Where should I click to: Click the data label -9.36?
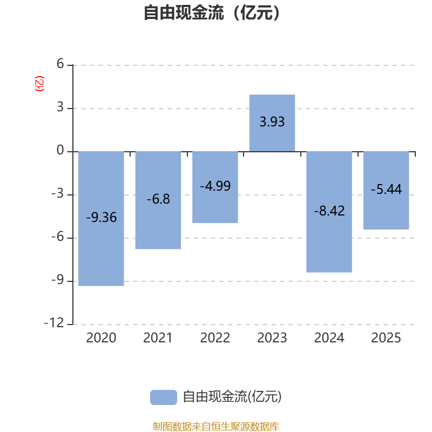click(101, 218)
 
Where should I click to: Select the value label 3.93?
click(272, 122)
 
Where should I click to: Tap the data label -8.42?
click(329, 211)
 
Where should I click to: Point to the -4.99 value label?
click(215, 186)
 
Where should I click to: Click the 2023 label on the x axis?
click(272, 339)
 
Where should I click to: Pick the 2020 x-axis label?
click(101, 339)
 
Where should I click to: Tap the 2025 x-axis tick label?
click(386, 339)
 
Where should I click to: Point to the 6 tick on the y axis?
click(60, 65)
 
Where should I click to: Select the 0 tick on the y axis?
click(60, 151)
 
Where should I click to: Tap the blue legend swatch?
click(163, 397)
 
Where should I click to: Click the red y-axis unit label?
click(39, 84)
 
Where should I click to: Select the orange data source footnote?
click(215, 427)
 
